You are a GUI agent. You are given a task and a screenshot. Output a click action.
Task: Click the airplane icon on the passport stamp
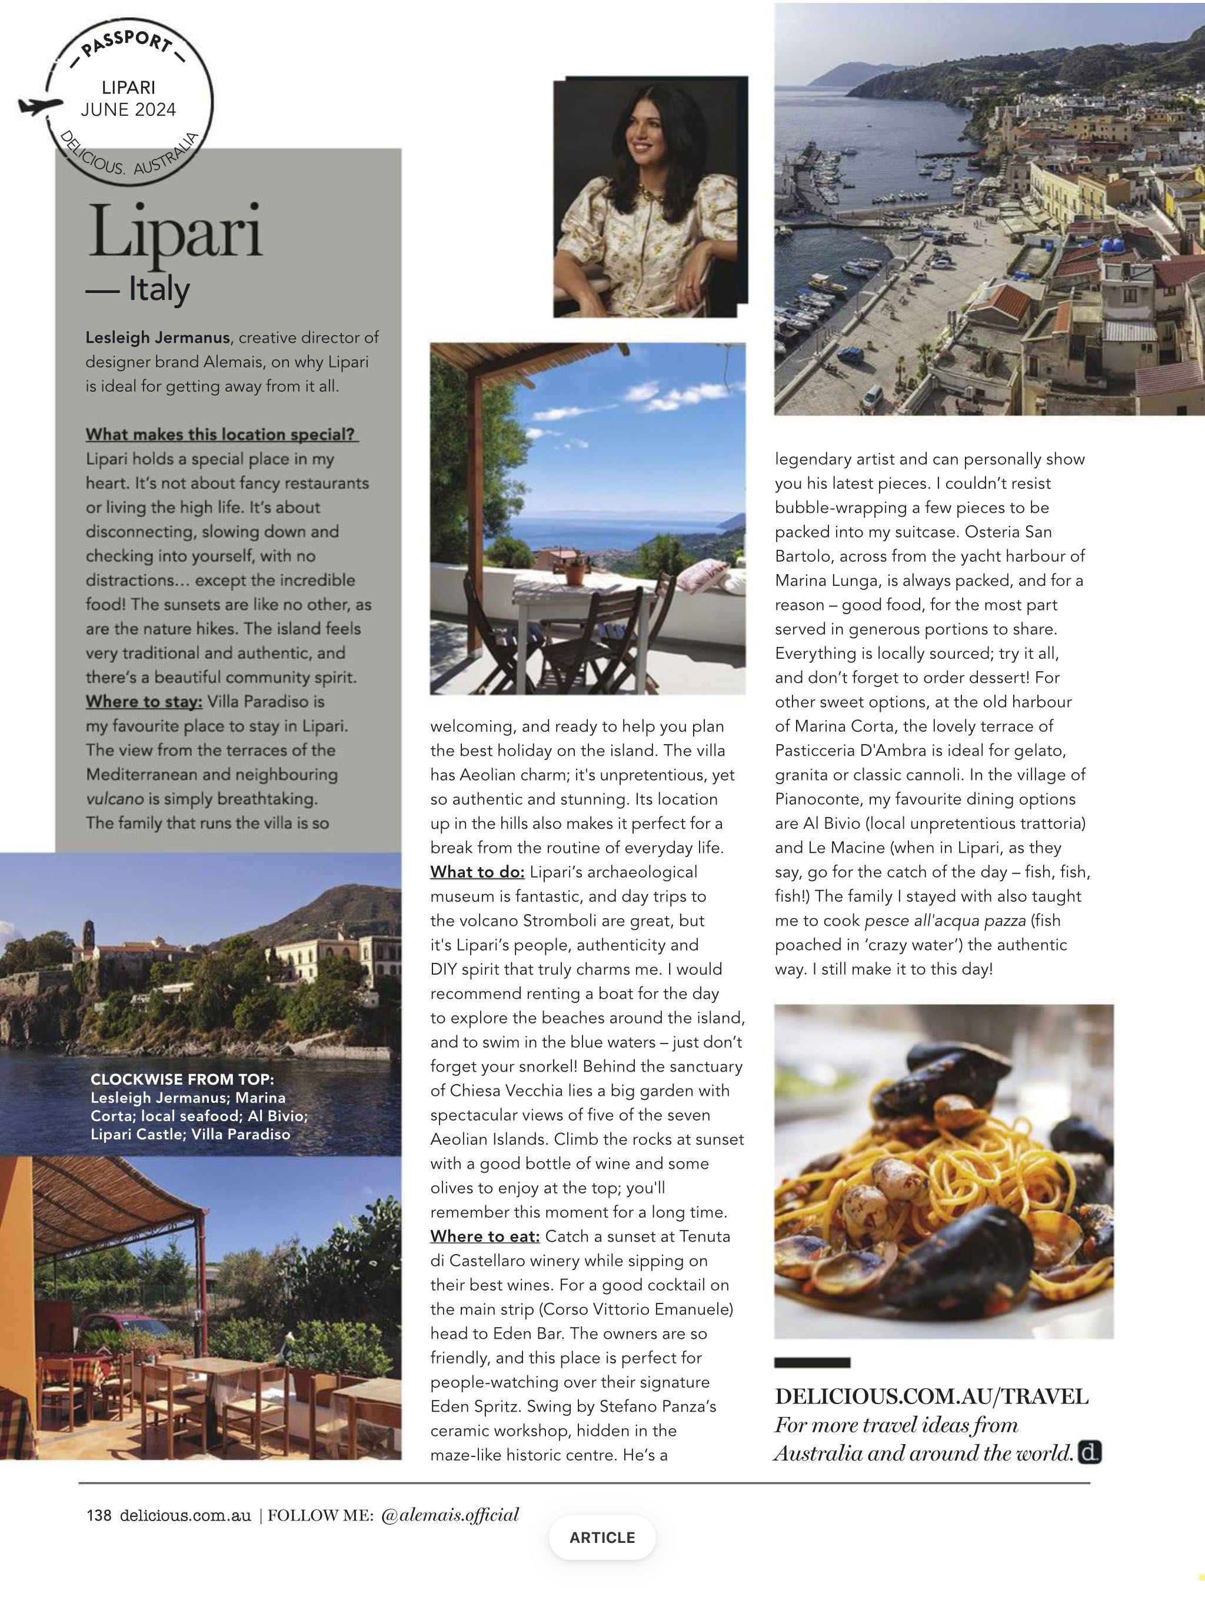point(39,106)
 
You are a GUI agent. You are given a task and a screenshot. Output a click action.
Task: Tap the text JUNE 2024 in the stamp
point(129,109)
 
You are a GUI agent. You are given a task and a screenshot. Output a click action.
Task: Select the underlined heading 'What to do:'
point(477,872)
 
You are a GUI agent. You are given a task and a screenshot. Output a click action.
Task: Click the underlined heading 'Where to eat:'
point(485,1236)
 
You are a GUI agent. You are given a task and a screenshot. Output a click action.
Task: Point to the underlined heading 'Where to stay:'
point(144,702)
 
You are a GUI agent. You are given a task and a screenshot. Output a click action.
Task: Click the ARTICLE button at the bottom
point(602,1537)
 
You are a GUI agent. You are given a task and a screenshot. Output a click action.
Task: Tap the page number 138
point(99,1515)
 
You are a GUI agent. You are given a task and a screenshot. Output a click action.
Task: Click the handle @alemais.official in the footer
point(450,1515)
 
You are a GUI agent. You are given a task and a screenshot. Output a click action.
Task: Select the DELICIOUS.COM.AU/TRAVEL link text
point(932,1396)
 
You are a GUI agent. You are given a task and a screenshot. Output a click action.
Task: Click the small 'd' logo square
point(1090,1453)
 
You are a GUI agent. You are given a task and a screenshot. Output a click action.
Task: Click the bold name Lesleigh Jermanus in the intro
point(158,338)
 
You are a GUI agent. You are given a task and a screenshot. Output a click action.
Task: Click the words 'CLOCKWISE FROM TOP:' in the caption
point(182,1079)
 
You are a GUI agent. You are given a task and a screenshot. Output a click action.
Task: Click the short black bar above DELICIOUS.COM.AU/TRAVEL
point(812,1363)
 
